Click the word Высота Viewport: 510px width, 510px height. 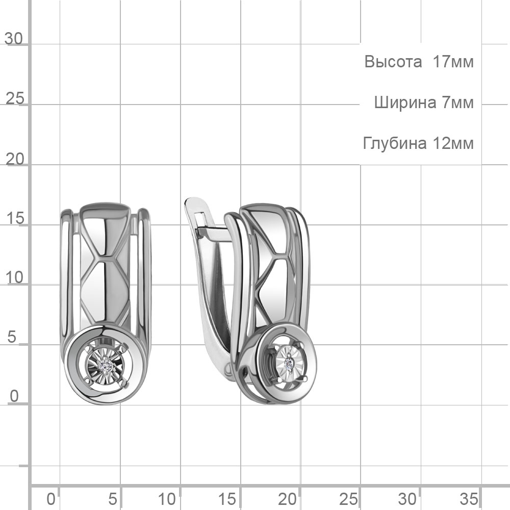393,62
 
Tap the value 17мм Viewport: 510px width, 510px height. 453,62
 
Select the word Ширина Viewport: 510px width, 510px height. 405,103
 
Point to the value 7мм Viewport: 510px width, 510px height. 457,103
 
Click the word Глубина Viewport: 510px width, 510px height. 395,143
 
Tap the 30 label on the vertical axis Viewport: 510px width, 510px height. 14,39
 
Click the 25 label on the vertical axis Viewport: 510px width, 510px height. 15,98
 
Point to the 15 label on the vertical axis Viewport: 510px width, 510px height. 15,218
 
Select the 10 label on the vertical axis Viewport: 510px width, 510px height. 15,278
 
